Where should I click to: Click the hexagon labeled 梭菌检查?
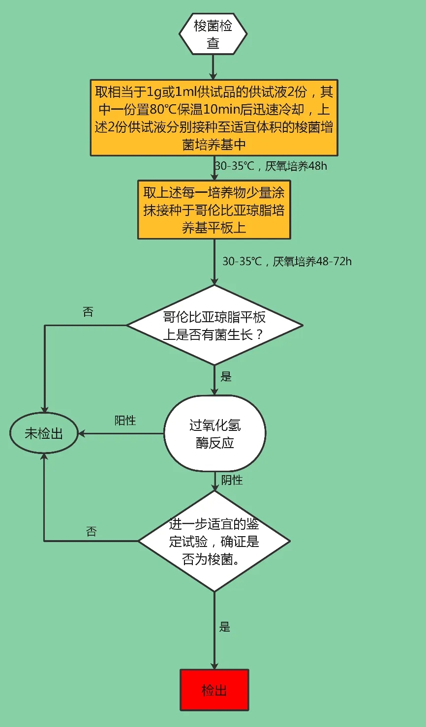[x=213, y=34]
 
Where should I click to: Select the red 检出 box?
[x=214, y=690]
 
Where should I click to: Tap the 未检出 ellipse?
[x=44, y=433]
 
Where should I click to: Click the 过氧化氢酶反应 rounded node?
[x=214, y=433]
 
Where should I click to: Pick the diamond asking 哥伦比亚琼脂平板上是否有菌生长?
[x=214, y=325]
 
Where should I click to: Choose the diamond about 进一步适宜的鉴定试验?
[x=214, y=541]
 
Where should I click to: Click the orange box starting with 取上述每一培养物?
[x=214, y=210]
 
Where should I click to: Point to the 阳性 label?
[x=125, y=421]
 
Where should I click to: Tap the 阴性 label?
[x=232, y=480]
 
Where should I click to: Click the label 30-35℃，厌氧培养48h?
[x=271, y=166]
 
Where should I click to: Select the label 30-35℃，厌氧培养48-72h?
[x=287, y=261]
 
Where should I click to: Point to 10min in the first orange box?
[x=217, y=109]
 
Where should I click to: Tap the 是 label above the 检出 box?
[x=225, y=627]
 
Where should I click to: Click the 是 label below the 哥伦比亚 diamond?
[x=226, y=377]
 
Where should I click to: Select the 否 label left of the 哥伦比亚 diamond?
[x=88, y=312]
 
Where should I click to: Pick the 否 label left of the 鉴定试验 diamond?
[x=91, y=532]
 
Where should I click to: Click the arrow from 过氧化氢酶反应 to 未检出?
[x=121, y=434]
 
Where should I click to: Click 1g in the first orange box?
[x=153, y=92]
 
